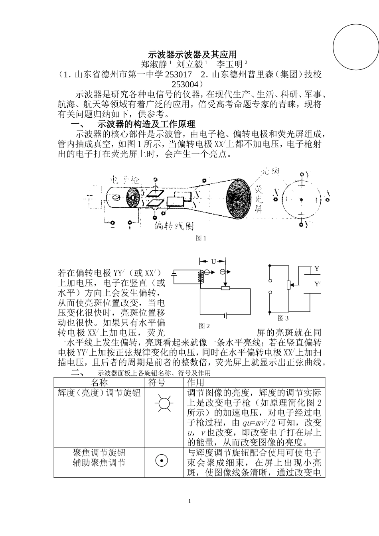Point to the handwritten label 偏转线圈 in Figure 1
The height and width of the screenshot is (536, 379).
click(174, 226)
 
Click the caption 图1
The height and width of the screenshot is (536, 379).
click(201, 238)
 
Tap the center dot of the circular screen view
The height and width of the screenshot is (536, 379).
click(302, 199)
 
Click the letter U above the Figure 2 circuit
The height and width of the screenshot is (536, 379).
click(213, 261)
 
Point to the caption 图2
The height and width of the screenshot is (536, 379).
click(204, 326)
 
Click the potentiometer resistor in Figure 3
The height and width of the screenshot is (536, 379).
click(289, 285)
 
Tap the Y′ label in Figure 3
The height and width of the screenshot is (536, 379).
click(317, 284)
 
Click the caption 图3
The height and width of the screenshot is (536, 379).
click(283, 318)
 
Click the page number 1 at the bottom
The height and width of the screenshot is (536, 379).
click(189, 501)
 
